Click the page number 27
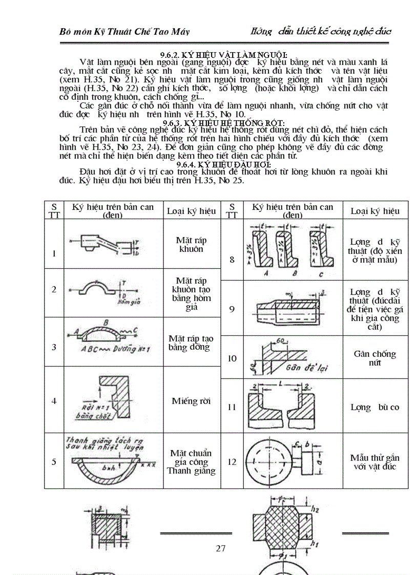click(x=221, y=548)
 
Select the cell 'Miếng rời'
click(x=192, y=401)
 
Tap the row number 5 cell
click(x=54, y=462)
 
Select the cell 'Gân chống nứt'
click(x=375, y=358)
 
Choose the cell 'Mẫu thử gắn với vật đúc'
click(x=375, y=462)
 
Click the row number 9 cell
click(x=232, y=309)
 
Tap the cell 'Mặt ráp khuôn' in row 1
click(x=191, y=245)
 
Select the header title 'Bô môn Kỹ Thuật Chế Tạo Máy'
click(x=124, y=32)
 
